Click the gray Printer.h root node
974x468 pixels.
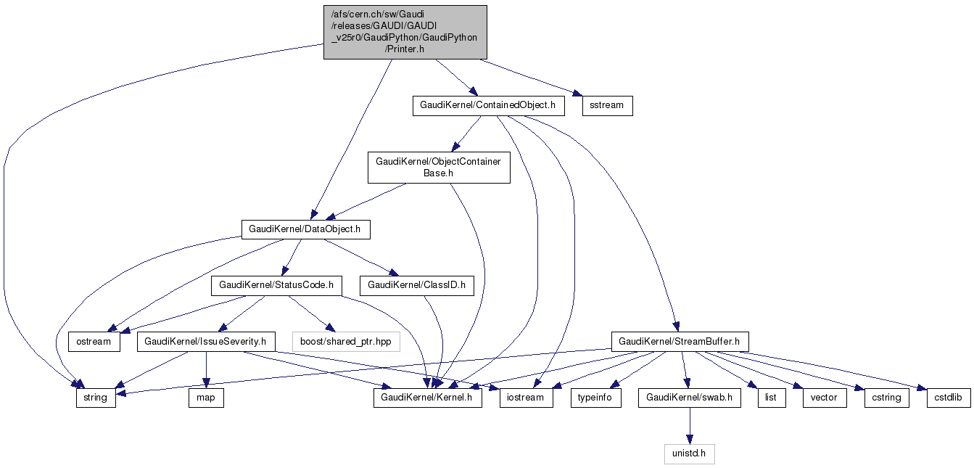pyautogui.click(x=405, y=33)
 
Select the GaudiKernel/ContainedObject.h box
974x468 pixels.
pyautogui.click(x=488, y=105)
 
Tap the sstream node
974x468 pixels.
pyautogui.click(x=607, y=105)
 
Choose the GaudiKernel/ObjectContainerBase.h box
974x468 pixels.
pyautogui.click(x=438, y=167)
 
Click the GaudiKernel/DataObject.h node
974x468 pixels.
pyautogui.click(x=305, y=229)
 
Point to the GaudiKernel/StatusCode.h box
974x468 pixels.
pyautogui.click(x=276, y=286)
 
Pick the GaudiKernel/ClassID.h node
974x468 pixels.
pyautogui.click(x=416, y=286)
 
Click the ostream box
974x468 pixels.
pyautogui.click(x=94, y=341)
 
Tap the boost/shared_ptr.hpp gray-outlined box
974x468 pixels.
pyautogui.click(x=346, y=341)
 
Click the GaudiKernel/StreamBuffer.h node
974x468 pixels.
pyautogui.click(x=680, y=341)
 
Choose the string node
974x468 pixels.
pyautogui.click(x=96, y=398)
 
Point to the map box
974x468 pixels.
pyautogui.click(x=206, y=398)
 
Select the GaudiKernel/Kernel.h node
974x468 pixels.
pyautogui.click(x=428, y=398)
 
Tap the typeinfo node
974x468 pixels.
pyautogui.click(x=596, y=398)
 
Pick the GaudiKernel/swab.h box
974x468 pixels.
pyautogui.click(x=689, y=398)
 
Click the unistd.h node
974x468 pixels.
pyautogui.click(x=690, y=454)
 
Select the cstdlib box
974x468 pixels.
pyautogui.click(x=948, y=398)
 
